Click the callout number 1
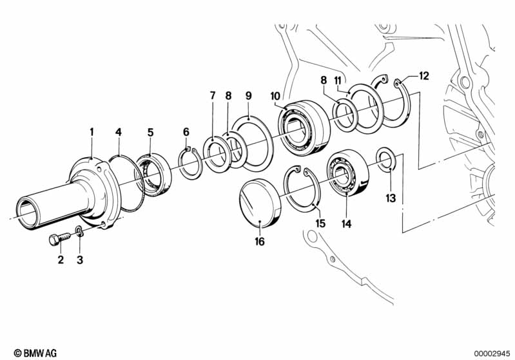click(x=92, y=132)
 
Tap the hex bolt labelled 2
click(x=60, y=239)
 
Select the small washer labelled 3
click(x=79, y=231)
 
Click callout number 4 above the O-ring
click(x=118, y=132)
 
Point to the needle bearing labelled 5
click(x=153, y=175)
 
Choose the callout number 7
click(x=213, y=96)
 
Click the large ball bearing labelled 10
click(x=304, y=128)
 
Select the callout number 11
click(x=338, y=80)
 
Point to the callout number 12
click(x=424, y=76)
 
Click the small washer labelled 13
click(x=385, y=160)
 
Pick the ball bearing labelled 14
click(x=348, y=173)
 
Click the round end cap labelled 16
click(x=261, y=204)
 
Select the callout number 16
click(x=260, y=242)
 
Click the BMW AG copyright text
click(x=35, y=353)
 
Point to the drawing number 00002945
click(x=492, y=354)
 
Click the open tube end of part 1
click(x=26, y=213)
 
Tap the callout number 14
click(x=346, y=224)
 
